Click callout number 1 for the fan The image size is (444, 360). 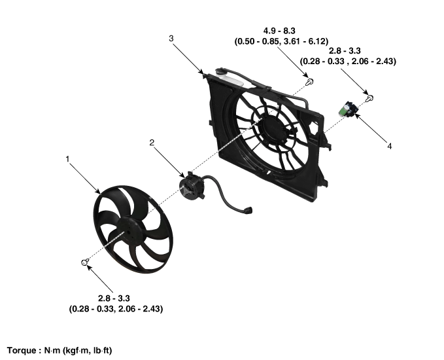(67, 159)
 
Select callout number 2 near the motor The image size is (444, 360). (152, 143)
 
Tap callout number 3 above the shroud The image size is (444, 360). (171, 38)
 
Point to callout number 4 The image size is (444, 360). (389, 146)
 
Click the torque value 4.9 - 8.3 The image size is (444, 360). (279, 31)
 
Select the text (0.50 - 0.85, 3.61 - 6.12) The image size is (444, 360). (281, 41)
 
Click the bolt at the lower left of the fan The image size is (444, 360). (84, 262)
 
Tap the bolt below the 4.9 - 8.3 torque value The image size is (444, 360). (310, 82)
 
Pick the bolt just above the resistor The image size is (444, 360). (370, 98)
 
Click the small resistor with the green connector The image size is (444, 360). (348, 109)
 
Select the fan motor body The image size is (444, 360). (192, 187)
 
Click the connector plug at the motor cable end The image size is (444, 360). (248, 210)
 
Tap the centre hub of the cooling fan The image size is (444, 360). (129, 230)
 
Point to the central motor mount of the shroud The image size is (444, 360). (273, 129)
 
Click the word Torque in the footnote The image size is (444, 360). (21, 350)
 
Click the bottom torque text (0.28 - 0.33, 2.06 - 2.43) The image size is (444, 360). (116, 309)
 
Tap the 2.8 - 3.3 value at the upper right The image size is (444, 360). (345, 51)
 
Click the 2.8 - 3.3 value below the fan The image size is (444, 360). (114, 298)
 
